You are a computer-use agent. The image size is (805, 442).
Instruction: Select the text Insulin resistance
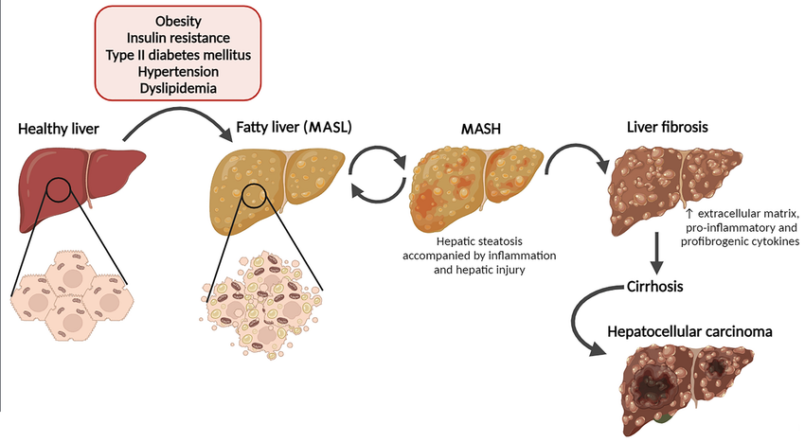click(x=177, y=38)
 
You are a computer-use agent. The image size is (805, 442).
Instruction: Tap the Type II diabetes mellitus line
click(x=177, y=55)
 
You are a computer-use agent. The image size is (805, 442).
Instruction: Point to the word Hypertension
click(x=177, y=71)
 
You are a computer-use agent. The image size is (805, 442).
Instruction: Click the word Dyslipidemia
click(x=177, y=87)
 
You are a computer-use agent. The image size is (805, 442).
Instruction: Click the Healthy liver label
click(x=58, y=129)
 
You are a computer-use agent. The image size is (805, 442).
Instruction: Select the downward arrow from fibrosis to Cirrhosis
click(x=655, y=252)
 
